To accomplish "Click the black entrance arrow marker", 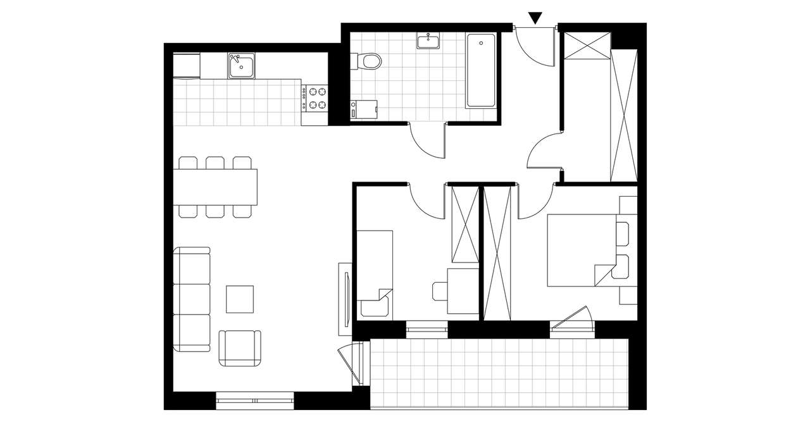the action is pos(536,18).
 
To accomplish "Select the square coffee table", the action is pos(240,299).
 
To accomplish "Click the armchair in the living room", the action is pos(240,347).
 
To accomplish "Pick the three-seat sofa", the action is pos(192,299).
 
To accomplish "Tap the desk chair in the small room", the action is pos(440,292).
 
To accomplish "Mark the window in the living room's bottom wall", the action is pos(254,399).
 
